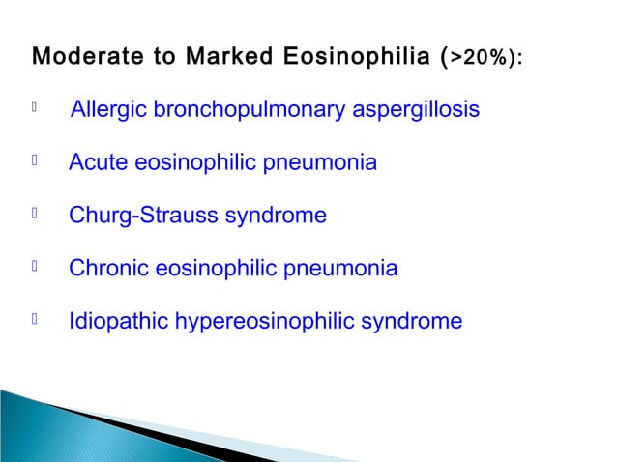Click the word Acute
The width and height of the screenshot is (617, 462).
[98, 163]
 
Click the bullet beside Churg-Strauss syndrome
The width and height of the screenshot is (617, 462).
[35, 215]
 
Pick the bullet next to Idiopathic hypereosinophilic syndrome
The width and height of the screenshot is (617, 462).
[35, 319]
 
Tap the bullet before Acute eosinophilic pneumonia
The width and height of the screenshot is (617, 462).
[35, 162]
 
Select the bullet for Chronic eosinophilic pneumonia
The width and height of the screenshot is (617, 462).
[35, 267]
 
